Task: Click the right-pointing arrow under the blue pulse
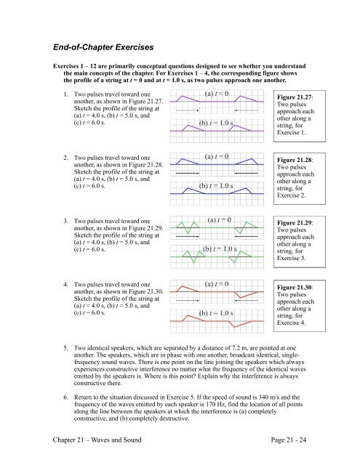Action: pos(188,175)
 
